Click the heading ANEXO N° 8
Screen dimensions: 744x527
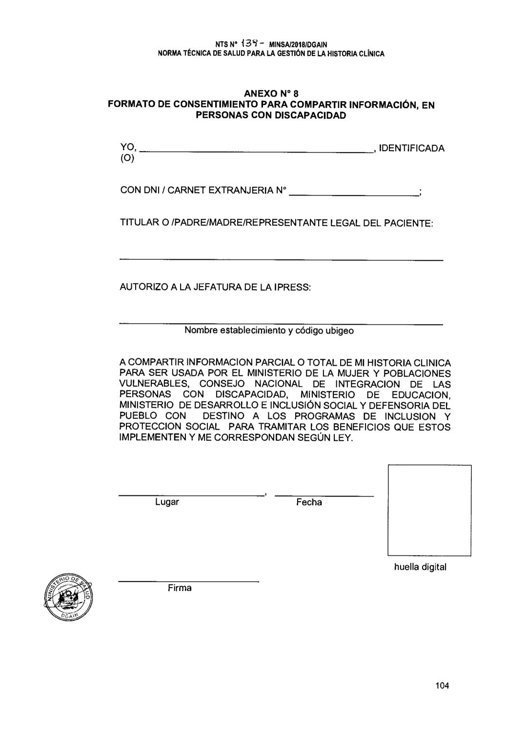pos(271,94)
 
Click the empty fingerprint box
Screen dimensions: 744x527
pos(429,510)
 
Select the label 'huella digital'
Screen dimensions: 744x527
pos(420,567)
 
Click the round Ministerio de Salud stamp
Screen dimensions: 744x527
pos(69,598)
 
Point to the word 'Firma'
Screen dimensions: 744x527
pos(180,588)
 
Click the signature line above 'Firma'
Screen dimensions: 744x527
pos(188,582)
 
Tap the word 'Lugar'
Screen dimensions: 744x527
pos(167,502)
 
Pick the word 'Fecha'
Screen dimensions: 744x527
pos(309,502)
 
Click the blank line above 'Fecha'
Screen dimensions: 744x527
pos(324,496)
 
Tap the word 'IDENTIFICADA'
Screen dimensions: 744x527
pos(411,148)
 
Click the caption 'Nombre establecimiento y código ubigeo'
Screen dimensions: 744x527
pos(269,331)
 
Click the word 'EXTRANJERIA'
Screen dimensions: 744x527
pos(241,190)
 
